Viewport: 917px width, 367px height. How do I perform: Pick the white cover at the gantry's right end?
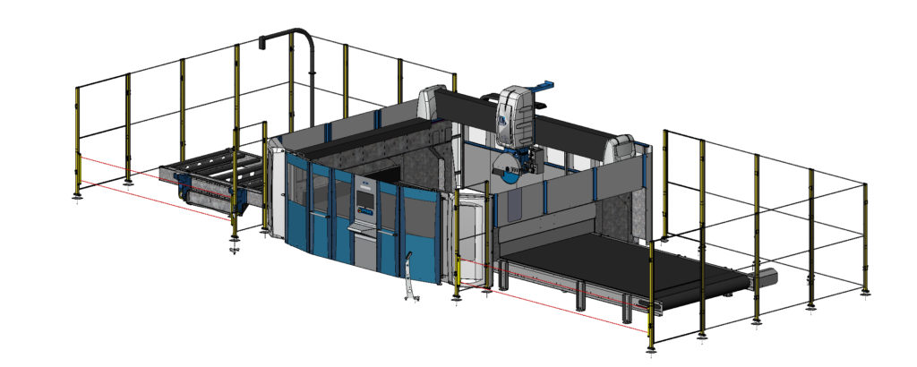624,148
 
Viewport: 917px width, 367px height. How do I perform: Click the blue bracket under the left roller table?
185,187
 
